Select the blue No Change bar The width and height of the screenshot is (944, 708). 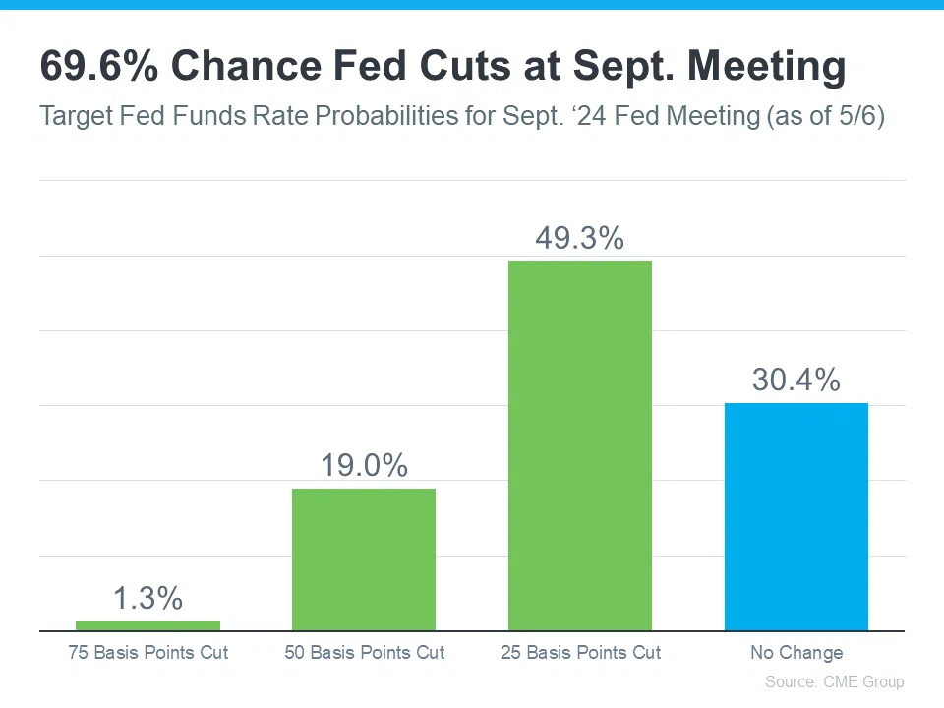[x=796, y=516]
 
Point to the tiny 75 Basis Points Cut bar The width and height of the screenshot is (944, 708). [x=147, y=625]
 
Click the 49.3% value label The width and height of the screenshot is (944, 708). [x=580, y=239]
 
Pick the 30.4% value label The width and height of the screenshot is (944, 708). [x=796, y=381]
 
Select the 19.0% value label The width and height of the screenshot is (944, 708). [x=364, y=466]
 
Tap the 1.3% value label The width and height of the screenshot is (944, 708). [x=147, y=598]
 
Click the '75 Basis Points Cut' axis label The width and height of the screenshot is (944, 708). [x=147, y=652]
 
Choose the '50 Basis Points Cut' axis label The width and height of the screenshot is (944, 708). [x=364, y=652]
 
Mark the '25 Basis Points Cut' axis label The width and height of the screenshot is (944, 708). [x=580, y=652]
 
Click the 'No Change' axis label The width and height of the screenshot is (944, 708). [x=796, y=652]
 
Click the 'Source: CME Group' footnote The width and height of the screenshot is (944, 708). [x=834, y=681]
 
